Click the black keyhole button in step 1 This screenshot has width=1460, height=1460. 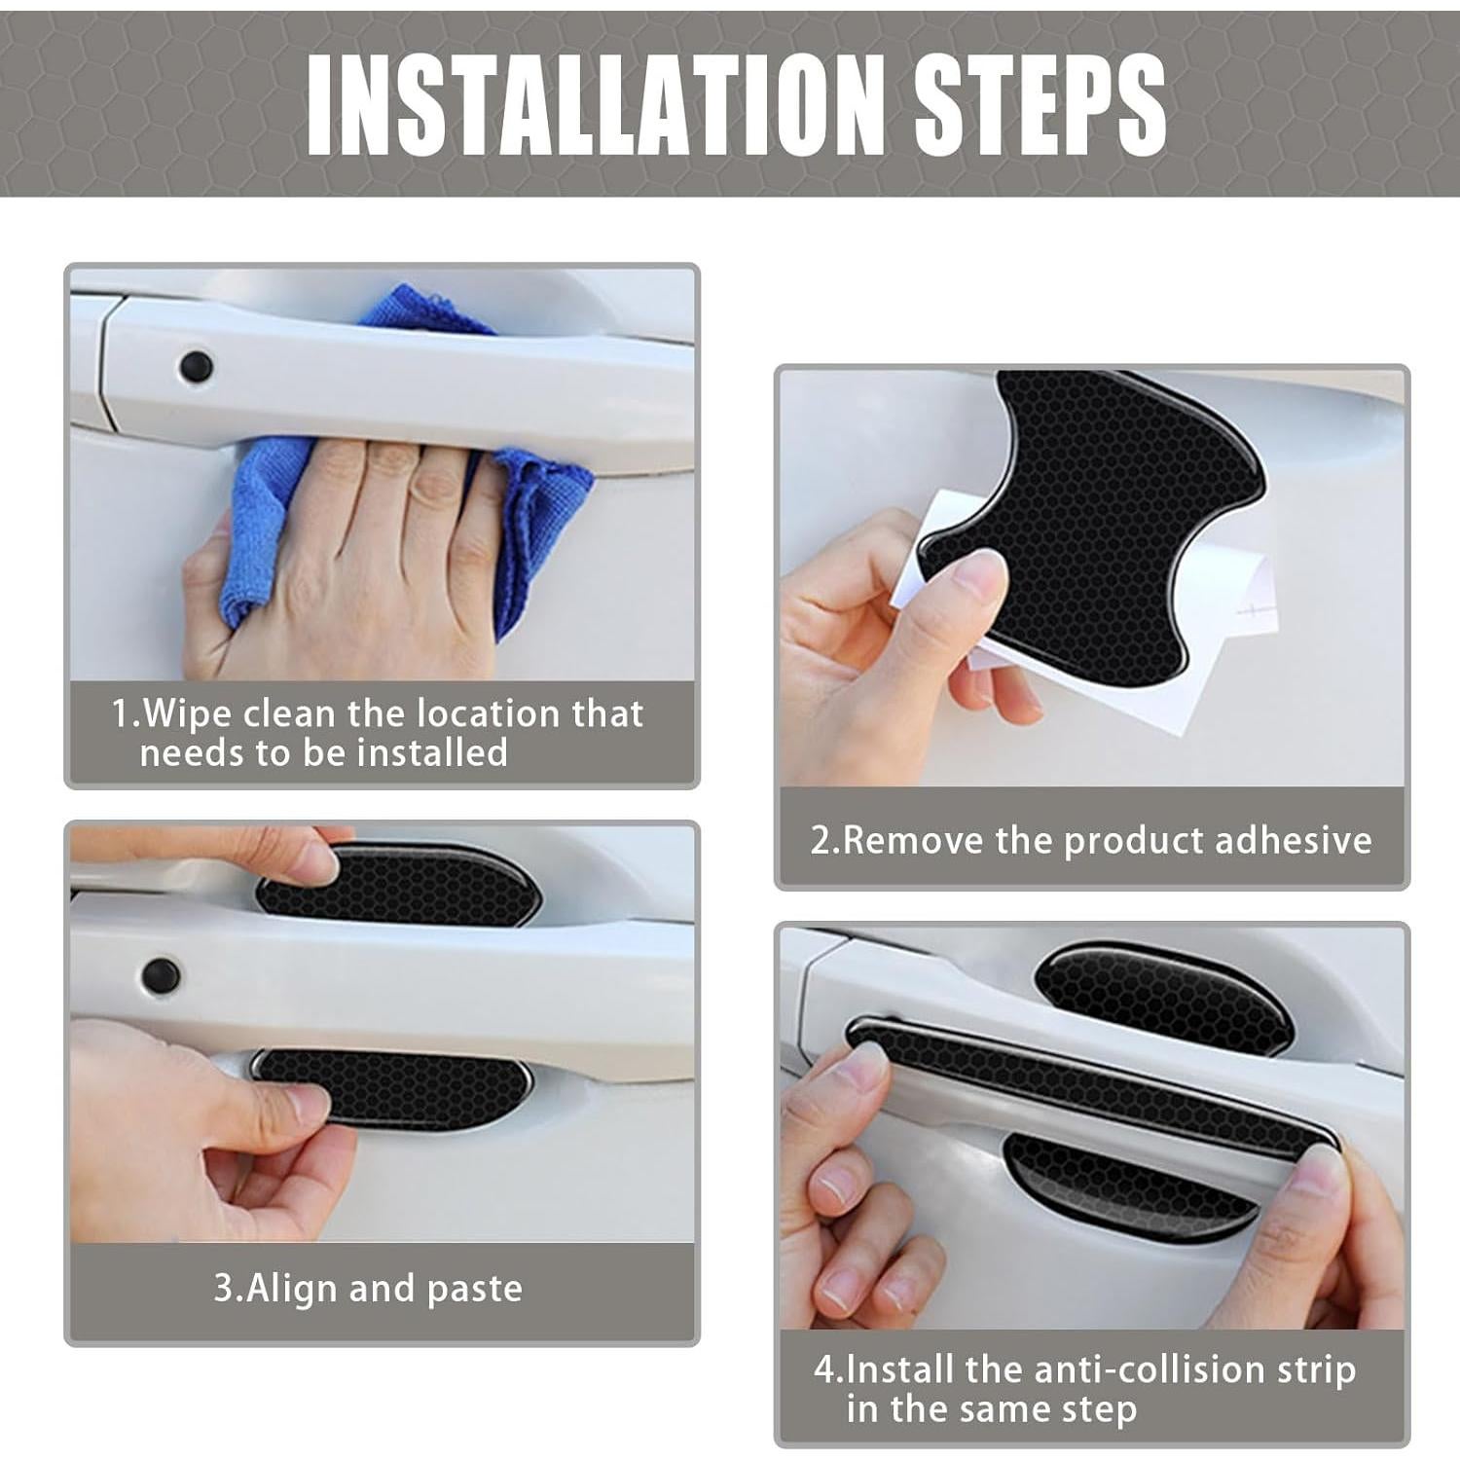coord(197,367)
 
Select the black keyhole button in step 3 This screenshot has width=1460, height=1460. coord(160,971)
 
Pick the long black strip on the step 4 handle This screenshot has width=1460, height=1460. coord(1090,1080)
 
